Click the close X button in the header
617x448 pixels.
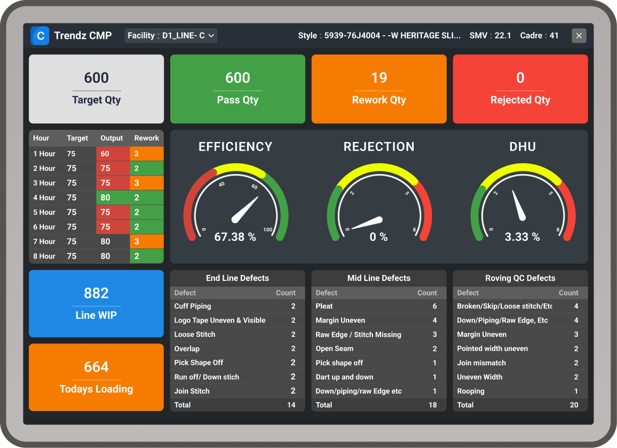(579, 36)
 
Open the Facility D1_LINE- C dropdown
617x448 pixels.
(171, 36)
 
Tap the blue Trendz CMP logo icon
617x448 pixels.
(40, 36)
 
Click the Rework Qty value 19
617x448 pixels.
(379, 78)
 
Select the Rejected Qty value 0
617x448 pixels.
(520, 78)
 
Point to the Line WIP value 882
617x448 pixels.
(96, 293)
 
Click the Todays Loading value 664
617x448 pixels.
(96, 367)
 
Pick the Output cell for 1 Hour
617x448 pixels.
(112, 154)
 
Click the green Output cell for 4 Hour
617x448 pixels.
(112, 198)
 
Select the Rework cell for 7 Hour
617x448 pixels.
(146, 241)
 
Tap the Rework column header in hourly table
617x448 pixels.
(146, 138)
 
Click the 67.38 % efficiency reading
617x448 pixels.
(235, 237)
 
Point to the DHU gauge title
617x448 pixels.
(523, 147)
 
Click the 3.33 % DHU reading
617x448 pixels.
(522, 237)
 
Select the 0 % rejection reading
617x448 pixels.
(379, 237)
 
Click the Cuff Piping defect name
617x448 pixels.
(193, 306)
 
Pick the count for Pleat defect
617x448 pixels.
(434, 306)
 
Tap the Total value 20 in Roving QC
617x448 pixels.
(574, 405)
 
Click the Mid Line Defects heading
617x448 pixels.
(379, 278)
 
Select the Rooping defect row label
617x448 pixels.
(471, 391)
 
